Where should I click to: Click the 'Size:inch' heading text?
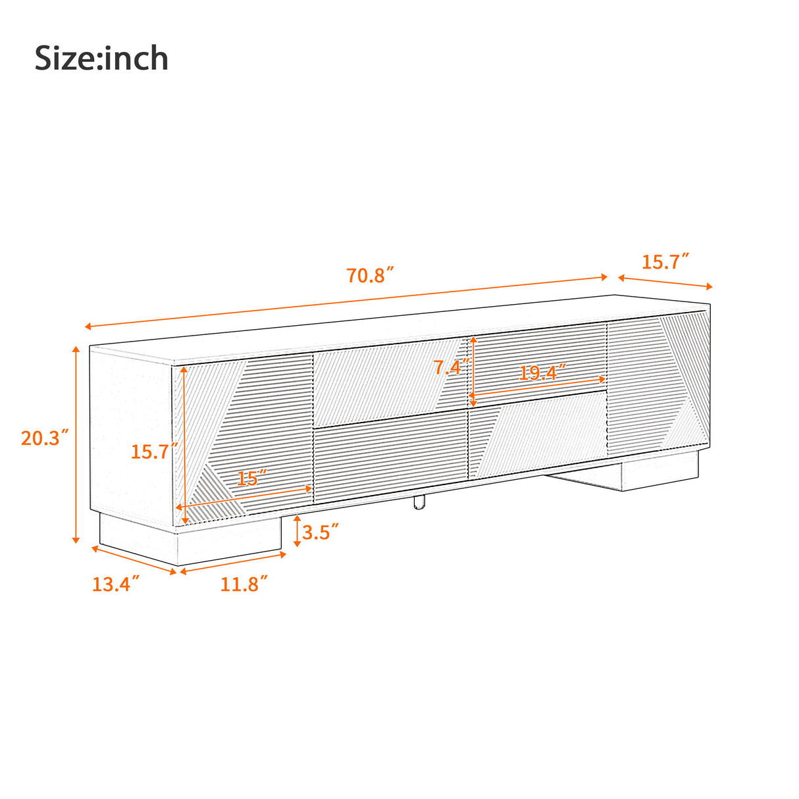pyautogui.click(x=101, y=58)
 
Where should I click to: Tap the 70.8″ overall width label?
pyautogui.click(x=370, y=275)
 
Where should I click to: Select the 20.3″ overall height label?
pyautogui.click(x=45, y=438)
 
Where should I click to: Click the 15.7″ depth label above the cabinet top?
pyautogui.click(x=665, y=262)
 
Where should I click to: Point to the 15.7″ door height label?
pyautogui.click(x=154, y=451)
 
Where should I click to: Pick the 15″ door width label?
pyautogui.click(x=252, y=478)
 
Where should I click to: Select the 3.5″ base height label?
pyautogui.click(x=321, y=532)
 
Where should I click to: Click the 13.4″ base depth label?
pyautogui.click(x=116, y=584)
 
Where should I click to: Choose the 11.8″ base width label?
pyautogui.click(x=244, y=584)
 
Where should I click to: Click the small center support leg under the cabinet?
pyautogui.click(x=419, y=503)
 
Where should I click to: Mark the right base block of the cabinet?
pyautogui.click(x=658, y=473)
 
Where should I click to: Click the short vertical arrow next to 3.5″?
pyautogui.click(x=297, y=531)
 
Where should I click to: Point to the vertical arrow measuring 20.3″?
pyautogui.click(x=76, y=444)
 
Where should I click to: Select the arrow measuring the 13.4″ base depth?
pyautogui.click(x=134, y=559)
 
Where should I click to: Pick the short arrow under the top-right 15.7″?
pyautogui.click(x=665, y=282)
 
